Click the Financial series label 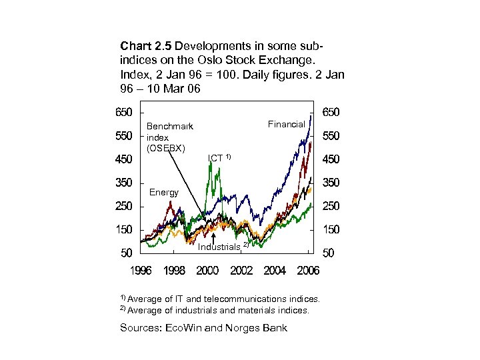(x=286, y=124)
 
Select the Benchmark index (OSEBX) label (x=169, y=137)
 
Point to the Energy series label (x=164, y=192)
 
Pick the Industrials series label (x=219, y=247)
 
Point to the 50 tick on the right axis (x=329, y=253)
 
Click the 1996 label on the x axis (x=140, y=270)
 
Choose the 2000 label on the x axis (x=207, y=270)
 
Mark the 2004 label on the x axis (x=275, y=270)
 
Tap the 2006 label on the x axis (x=308, y=270)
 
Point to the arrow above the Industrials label (x=213, y=236)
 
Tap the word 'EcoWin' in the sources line (x=183, y=327)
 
